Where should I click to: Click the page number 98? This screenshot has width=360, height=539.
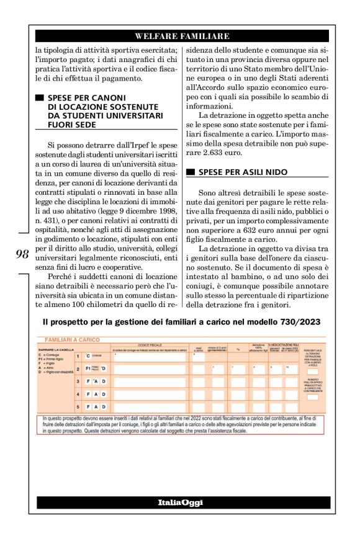click(23, 254)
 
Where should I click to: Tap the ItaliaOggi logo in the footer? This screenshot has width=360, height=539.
click(179, 501)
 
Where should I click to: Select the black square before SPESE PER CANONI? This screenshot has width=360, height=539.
click(40, 98)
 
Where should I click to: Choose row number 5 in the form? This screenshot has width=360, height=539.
click(78, 406)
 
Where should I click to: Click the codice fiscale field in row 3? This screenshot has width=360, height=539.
click(149, 381)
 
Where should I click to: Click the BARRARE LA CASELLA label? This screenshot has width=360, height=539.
click(56, 350)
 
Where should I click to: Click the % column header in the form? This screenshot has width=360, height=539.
click(238, 349)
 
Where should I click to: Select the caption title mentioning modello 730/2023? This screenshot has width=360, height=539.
click(180, 323)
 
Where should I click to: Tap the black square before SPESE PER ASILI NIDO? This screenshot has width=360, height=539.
click(191, 171)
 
